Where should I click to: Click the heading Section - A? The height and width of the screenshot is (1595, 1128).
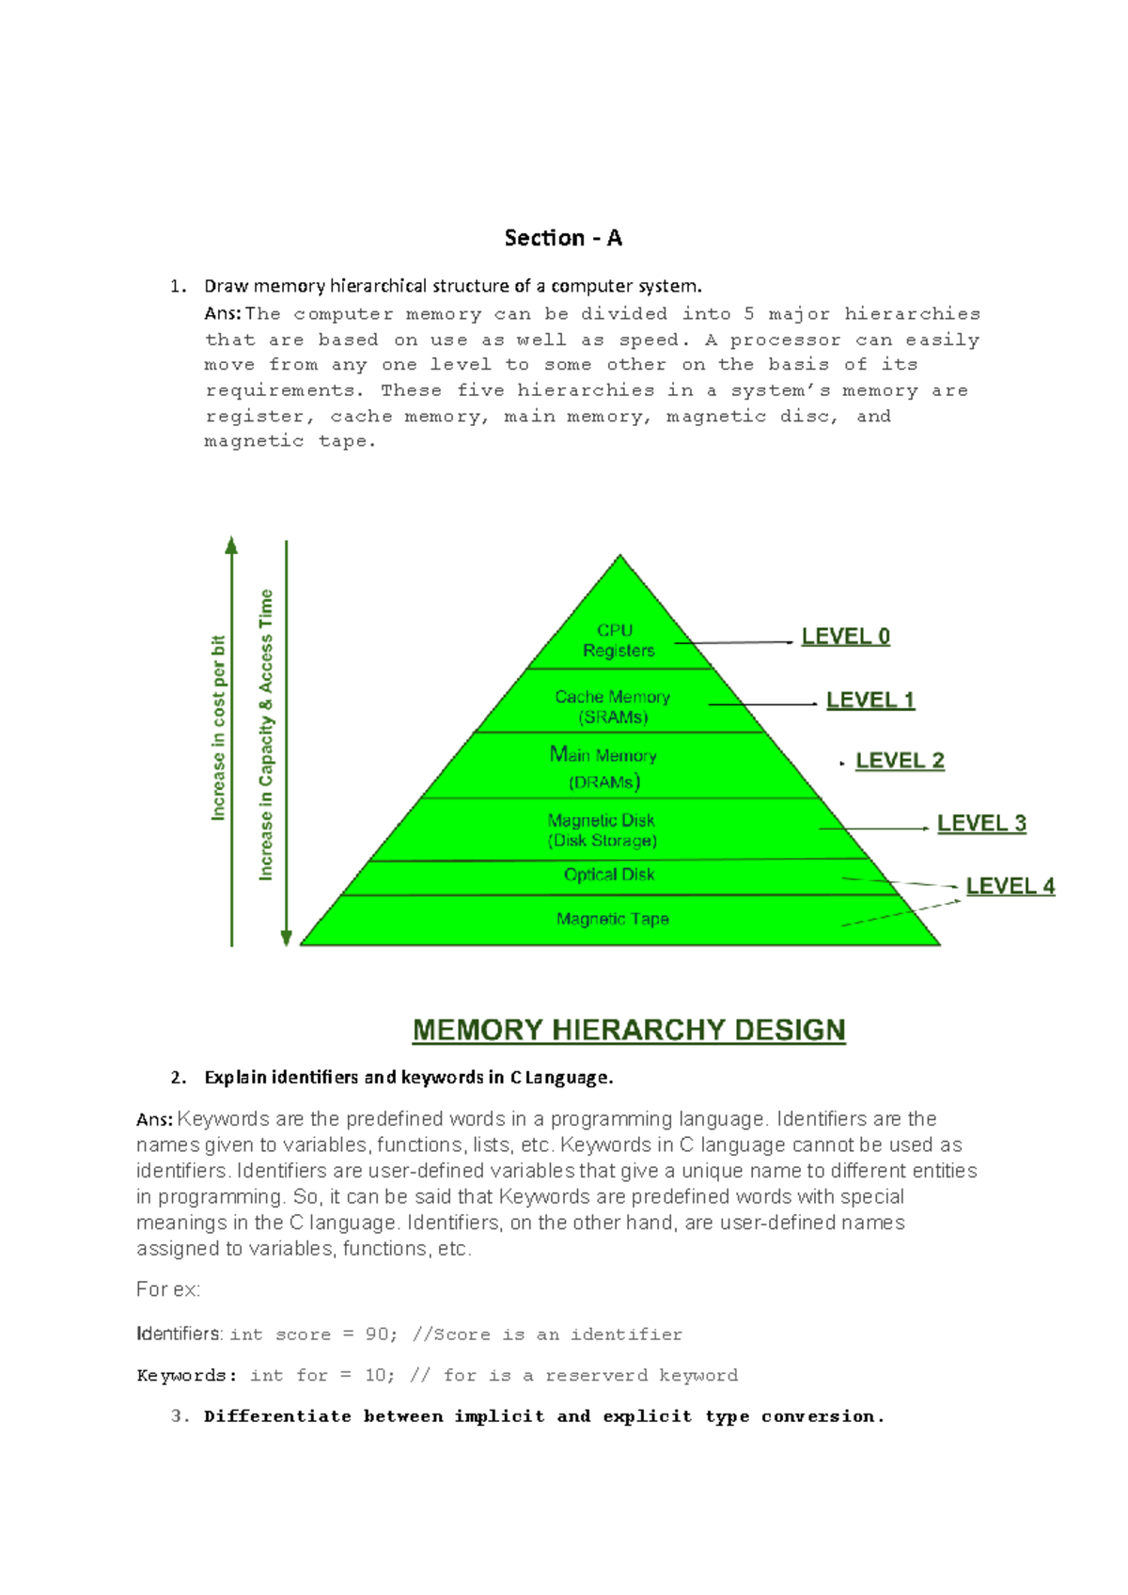(x=563, y=238)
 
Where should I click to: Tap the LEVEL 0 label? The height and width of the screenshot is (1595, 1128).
(x=845, y=636)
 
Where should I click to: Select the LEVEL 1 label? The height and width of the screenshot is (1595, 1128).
(x=870, y=700)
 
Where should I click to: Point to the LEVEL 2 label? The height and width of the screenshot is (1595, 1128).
(x=900, y=761)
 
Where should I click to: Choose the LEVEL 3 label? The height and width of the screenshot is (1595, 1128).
(x=981, y=823)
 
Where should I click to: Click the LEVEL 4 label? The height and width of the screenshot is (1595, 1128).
(x=1010, y=886)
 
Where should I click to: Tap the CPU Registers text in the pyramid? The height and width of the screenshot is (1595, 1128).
(x=618, y=640)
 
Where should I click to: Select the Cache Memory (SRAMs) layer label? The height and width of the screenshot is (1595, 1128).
(x=612, y=706)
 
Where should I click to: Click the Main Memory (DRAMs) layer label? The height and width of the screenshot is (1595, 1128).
(x=603, y=767)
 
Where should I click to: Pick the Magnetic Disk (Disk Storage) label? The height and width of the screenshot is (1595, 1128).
(x=602, y=830)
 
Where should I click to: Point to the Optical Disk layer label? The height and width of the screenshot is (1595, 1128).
(x=608, y=875)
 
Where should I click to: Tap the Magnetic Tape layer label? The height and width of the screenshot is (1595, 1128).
(x=612, y=919)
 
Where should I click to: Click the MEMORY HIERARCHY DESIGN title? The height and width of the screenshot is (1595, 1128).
(x=629, y=1030)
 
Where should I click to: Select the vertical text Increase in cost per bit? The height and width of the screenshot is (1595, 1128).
(x=218, y=728)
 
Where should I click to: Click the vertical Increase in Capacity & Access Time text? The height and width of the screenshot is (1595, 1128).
(x=266, y=734)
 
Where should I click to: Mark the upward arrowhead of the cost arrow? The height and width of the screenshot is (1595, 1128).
(x=231, y=545)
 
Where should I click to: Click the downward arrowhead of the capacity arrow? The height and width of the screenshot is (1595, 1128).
(x=286, y=938)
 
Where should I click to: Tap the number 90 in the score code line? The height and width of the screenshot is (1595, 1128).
(x=376, y=1334)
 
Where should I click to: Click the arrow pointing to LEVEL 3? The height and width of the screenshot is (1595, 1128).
(x=874, y=829)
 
